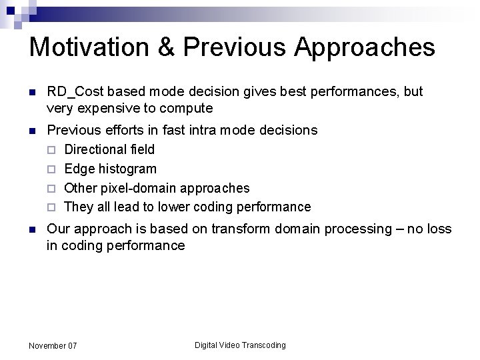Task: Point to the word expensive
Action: tap(108, 108)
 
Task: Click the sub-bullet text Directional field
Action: tap(109, 149)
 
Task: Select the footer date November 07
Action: tap(53, 345)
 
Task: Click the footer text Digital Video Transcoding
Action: tap(240, 345)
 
